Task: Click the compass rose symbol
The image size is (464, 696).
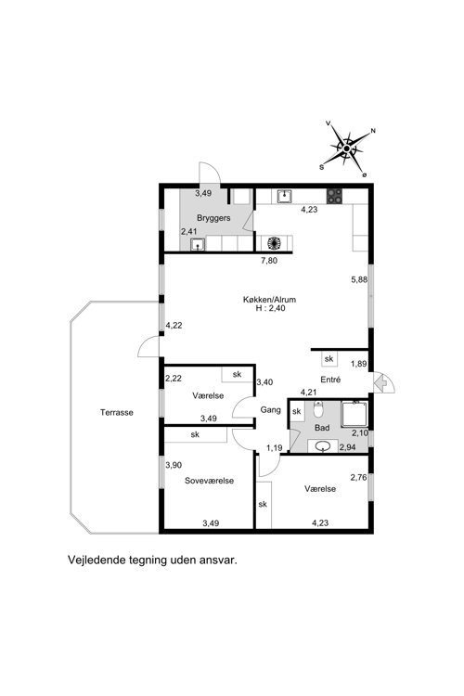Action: coord(348,149)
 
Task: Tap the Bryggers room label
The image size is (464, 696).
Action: coord(213,218)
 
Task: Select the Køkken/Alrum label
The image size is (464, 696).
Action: coord(269,300)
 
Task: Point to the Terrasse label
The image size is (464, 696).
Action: coord(117,412)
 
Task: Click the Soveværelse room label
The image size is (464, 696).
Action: coord(209,481)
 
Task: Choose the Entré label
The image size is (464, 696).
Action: coord(330,380)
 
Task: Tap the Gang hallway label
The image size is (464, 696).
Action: coord(270,409)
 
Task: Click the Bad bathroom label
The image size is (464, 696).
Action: coord(322,428)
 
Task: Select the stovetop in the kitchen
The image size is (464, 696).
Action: coord(334,196)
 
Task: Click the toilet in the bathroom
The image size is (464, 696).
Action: coord(318,409)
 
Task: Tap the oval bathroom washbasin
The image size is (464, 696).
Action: coord(323,446)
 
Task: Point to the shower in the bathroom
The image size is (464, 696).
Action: coord(354,414)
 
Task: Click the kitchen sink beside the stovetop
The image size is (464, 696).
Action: coord(284,196)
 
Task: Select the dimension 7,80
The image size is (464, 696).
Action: coord(268,261)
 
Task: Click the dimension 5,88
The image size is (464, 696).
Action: coord(359,279)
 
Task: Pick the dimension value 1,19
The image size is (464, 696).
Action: coord(275,448)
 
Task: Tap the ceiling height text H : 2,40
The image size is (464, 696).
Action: coord(270,308)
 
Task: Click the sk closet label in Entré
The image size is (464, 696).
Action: coord(329,358)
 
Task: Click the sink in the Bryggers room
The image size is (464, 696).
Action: coord(197,245)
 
